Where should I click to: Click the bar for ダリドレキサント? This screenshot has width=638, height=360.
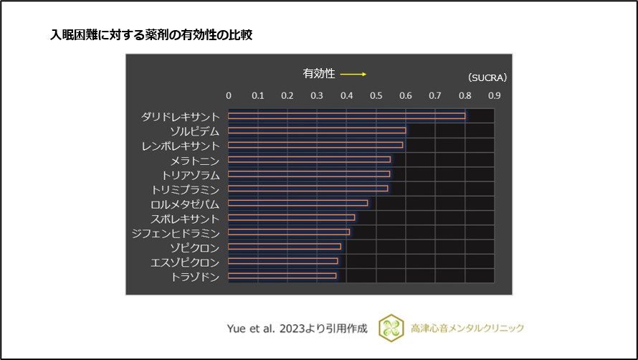346,115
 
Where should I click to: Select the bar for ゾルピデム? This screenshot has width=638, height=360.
317,131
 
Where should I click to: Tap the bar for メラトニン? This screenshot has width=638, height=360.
309,159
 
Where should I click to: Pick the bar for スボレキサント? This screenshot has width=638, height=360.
291,217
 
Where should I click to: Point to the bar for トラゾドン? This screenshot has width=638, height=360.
282,275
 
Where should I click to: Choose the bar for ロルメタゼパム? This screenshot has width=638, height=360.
297,203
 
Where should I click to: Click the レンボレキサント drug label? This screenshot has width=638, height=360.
181,146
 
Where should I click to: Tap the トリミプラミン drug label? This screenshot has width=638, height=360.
185,189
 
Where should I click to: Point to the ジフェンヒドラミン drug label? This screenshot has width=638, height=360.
176,232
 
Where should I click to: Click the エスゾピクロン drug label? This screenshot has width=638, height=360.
185,262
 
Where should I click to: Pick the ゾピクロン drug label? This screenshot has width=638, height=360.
194,247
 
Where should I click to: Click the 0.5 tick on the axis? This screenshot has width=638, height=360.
376,95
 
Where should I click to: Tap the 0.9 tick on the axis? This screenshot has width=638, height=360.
495,95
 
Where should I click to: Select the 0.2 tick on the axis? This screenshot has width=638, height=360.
287,95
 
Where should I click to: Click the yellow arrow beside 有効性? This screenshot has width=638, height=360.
353,74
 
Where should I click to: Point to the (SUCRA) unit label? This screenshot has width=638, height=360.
487,77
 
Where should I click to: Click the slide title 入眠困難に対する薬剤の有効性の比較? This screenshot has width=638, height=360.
151,34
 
